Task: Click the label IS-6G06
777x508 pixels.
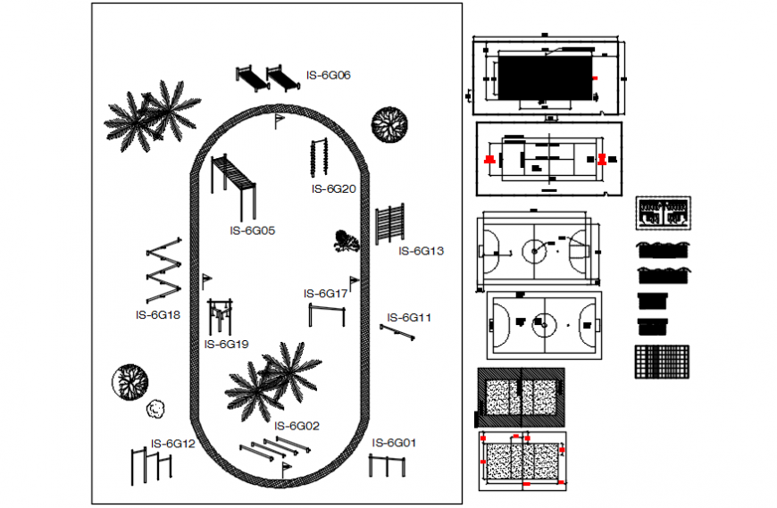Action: (x=328, y=76)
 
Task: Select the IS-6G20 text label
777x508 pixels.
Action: (x=334, y=189)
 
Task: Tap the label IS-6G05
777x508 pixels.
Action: (x=252, y=230)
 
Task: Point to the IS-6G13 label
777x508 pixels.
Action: (x=421, y=252)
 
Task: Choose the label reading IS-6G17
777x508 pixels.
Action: (x=325, y=294)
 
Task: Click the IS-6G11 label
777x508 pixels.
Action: (x=409, y=318)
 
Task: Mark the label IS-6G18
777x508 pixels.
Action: (x=158, y=314)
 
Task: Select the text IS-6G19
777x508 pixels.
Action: (x=226, y=344)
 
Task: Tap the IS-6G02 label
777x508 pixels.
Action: (x=297, y=426)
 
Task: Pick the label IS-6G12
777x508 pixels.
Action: (x=172, y=444)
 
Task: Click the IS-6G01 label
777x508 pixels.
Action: (x=394, y=443)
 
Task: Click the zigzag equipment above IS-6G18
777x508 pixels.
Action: (x=163, y=271)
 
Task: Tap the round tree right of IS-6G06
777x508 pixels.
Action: (x=389, y=124)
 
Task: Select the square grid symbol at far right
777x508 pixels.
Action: (x=663, y=362)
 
